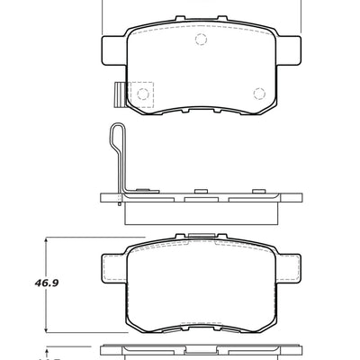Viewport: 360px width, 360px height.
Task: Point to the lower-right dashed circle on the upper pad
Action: [259, 92]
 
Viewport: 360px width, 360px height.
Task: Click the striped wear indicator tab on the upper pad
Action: [117, 94]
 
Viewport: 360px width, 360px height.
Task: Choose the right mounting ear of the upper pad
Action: [291, 47]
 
